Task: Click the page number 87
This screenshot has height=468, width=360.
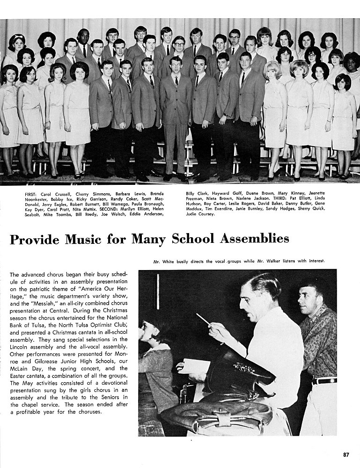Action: click(x=346, y=454)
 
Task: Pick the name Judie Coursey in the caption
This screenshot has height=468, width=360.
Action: click(x=200, y=214)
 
